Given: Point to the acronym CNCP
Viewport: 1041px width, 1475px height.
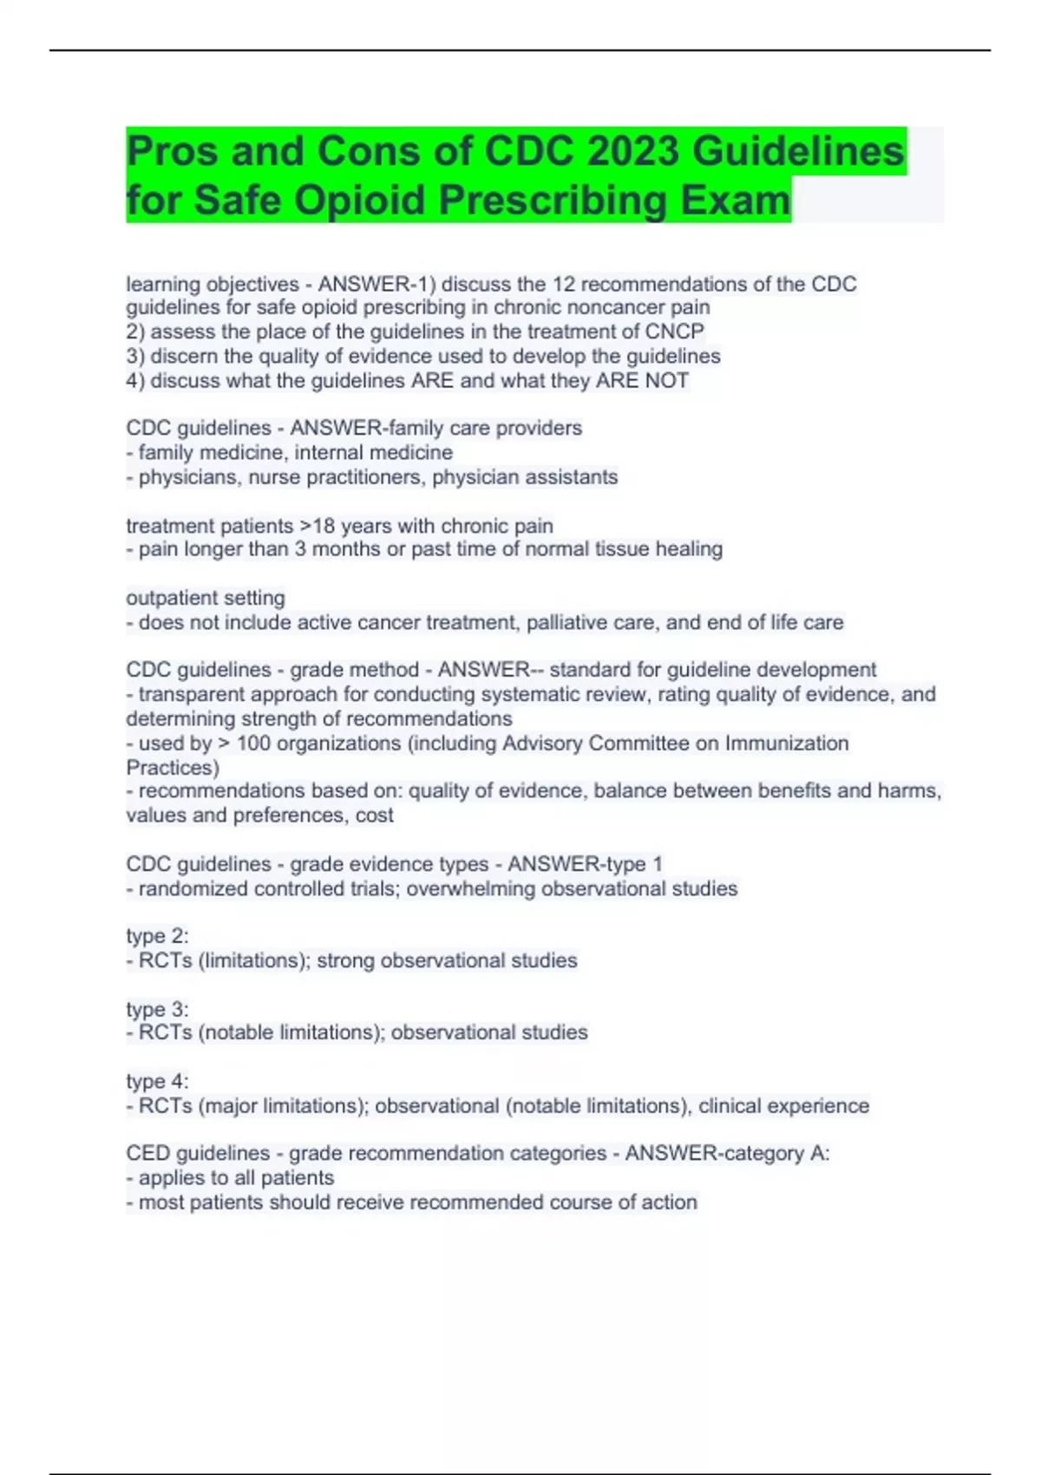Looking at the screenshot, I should (x=674, y=331).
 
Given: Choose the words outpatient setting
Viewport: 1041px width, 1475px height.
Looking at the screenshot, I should (x=206, y=598).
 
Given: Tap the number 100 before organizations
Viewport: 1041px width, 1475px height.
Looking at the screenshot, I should (x=253, y=744).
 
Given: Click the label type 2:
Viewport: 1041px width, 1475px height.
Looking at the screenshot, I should (x=157, y=936).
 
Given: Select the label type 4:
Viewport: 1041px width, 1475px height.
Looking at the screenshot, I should (x=157, y=1082).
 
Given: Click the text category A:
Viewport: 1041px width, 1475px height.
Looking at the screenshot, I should (x=770, y=1154).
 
